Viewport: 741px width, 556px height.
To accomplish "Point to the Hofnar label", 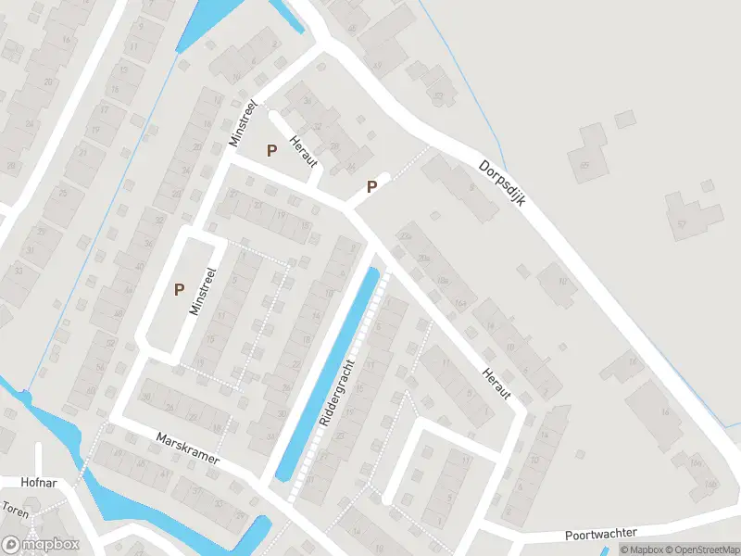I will click(40, 483).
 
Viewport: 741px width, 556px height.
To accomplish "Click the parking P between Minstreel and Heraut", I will click(271, 150).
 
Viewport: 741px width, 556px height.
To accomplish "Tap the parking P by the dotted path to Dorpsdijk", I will click(371, 186).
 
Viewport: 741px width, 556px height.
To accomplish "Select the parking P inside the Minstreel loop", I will click(179, 289).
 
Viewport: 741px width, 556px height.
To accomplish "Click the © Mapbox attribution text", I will click(641, 550).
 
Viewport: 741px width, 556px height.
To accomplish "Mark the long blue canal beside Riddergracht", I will click(330, 375).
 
